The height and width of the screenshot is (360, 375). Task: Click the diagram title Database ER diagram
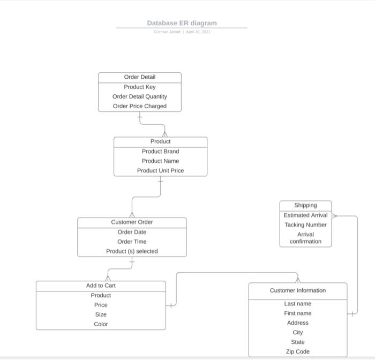click(182, 23)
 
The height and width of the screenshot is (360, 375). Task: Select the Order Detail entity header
click(139, 77)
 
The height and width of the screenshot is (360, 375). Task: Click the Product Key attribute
click(139, 87)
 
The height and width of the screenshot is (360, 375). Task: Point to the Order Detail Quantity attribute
click(139, 96)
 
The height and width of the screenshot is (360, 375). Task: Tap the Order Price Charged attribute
click(139, 106)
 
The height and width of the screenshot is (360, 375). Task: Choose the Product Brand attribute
click(160, 152)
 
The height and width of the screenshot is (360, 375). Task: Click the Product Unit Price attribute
click(160, 170)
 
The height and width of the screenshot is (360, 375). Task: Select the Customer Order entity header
click(132, 222)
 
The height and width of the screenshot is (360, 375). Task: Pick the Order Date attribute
click(132, 232)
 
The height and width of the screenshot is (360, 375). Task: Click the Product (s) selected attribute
click(132, 251)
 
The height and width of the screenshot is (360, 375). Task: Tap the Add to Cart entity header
click(101, 286)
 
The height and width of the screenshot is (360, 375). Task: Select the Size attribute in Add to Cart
click(101, 314)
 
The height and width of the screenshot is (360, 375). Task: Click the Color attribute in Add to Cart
click(101, 324)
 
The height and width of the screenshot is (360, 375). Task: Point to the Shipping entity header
click(305, 205)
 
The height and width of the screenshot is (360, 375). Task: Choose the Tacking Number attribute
click(305, 225)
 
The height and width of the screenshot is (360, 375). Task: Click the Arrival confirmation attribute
click(305, 238)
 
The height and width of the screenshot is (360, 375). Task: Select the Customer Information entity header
click(297, 290)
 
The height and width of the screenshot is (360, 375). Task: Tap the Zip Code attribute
click(297, 351)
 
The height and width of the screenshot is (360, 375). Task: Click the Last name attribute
click(297, 304)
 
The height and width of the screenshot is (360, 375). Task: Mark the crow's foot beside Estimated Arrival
click(334, 216)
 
